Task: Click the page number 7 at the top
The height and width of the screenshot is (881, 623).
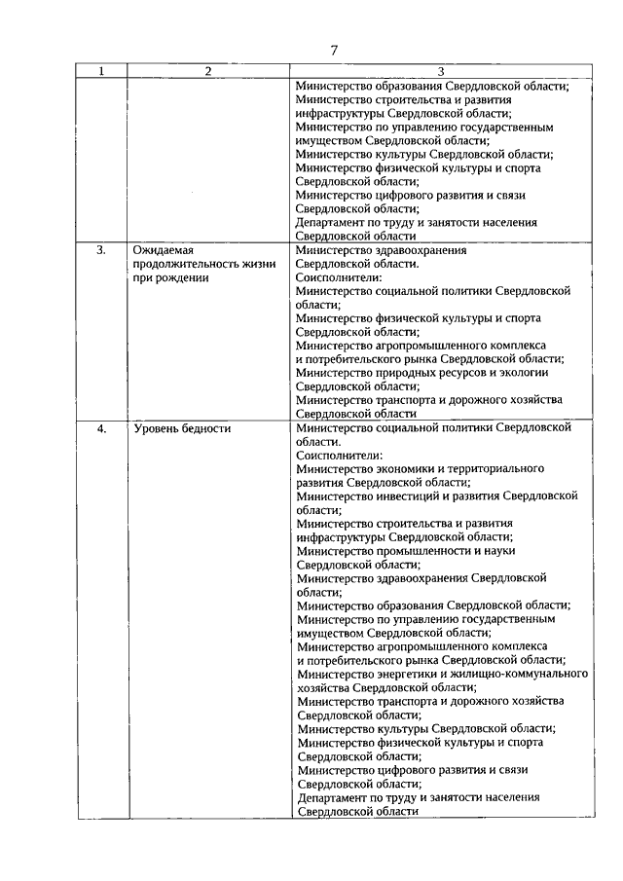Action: click(333, 51)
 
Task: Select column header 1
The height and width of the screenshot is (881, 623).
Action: click(102, 71)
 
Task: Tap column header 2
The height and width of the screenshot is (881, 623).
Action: click(208, 71)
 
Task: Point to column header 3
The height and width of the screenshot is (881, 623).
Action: click(440, 71)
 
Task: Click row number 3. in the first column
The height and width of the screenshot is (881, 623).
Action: click(101, 250)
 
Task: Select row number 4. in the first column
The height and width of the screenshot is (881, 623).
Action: click(101, 427)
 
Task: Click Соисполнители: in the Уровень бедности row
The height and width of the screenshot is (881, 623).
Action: click(340, 455)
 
